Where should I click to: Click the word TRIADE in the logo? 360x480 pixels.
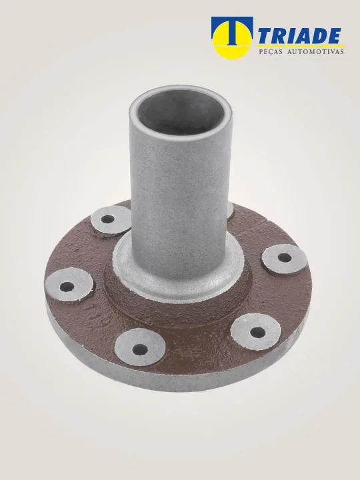(299, 36)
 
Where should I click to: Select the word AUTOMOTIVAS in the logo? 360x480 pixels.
(315, 52)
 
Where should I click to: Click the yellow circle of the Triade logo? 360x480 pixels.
(232, 40)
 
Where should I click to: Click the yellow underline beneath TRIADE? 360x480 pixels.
(300, 45)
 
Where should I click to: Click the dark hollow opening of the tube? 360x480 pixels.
(181, 113)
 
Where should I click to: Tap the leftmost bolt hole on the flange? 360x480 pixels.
(67, 287)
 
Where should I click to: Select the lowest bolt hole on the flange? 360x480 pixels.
(140, 349)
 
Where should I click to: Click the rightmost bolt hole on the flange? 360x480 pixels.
(285, 258)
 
